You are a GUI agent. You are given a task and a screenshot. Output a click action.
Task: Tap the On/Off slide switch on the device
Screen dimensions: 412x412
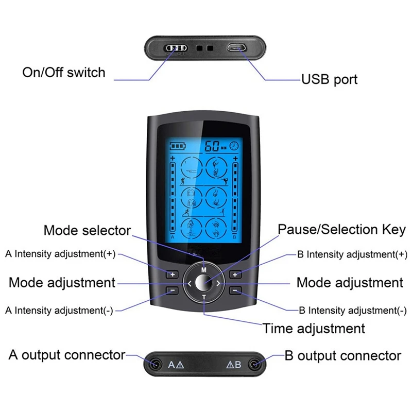pyautogui.click(x=176, y=48)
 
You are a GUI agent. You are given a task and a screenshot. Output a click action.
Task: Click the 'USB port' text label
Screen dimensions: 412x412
pyautogui.click(x=329, y=80)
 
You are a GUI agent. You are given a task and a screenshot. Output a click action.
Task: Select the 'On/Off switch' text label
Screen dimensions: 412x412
pyautogui.click(x=63, y=72)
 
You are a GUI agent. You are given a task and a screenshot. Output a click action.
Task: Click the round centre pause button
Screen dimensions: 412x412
pyautogui.click(x=204, y=283)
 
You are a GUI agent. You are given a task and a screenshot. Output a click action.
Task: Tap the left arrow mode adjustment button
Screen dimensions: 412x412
pyautogui.click(x=189, y=283)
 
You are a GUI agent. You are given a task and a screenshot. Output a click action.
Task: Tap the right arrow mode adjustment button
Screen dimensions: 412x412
pyautogui.click(x=219, y=283)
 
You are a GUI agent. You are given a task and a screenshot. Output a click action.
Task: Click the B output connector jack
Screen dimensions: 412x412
pyautogui.click(x=253, y=364)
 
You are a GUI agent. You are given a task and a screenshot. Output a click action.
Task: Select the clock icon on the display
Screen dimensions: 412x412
pyautogui.click(x=234, y=145)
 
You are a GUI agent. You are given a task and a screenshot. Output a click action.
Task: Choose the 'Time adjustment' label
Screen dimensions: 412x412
pyautogui.click(x=314, y=328)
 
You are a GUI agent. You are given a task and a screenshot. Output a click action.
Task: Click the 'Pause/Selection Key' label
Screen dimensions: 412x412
pyautogui.click(x=342, y=230)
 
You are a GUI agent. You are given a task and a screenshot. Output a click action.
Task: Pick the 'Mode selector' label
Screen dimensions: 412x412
pyautogui.click(x=87, y=230)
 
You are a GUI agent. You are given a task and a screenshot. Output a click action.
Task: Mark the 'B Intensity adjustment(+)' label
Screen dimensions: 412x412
pyautogui.click(x=352, y=254)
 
